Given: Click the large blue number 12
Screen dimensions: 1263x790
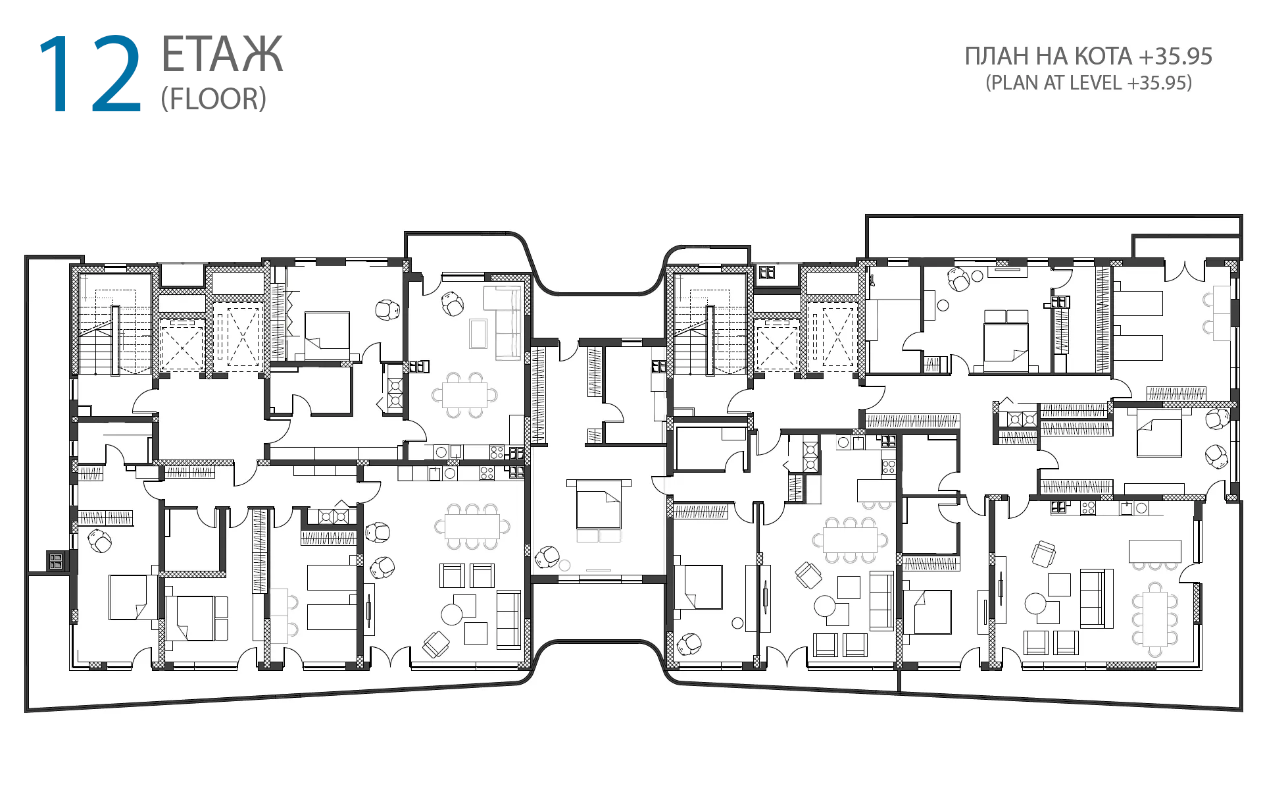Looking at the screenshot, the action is (x=90, y=74).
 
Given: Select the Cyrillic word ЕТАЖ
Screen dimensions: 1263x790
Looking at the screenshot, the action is (x=222, y=55).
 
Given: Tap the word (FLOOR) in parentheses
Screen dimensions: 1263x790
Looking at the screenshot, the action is (x=214, y=99).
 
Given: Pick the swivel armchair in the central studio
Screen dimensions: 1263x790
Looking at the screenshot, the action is (x=547, y=558).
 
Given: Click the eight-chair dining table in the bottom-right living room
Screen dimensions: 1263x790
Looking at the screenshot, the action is (x=1154, y=619).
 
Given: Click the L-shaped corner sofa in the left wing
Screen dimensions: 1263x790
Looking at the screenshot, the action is (x=503, y=323).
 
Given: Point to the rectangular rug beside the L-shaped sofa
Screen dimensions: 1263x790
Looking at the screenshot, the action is (x=478, y=333).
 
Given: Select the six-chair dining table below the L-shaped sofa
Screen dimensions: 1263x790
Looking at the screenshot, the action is (x=464, y=395).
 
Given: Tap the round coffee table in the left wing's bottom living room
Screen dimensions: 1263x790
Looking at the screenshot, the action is (x=452, y=614).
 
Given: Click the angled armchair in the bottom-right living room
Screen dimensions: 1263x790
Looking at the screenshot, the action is (x=1044, y=554).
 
